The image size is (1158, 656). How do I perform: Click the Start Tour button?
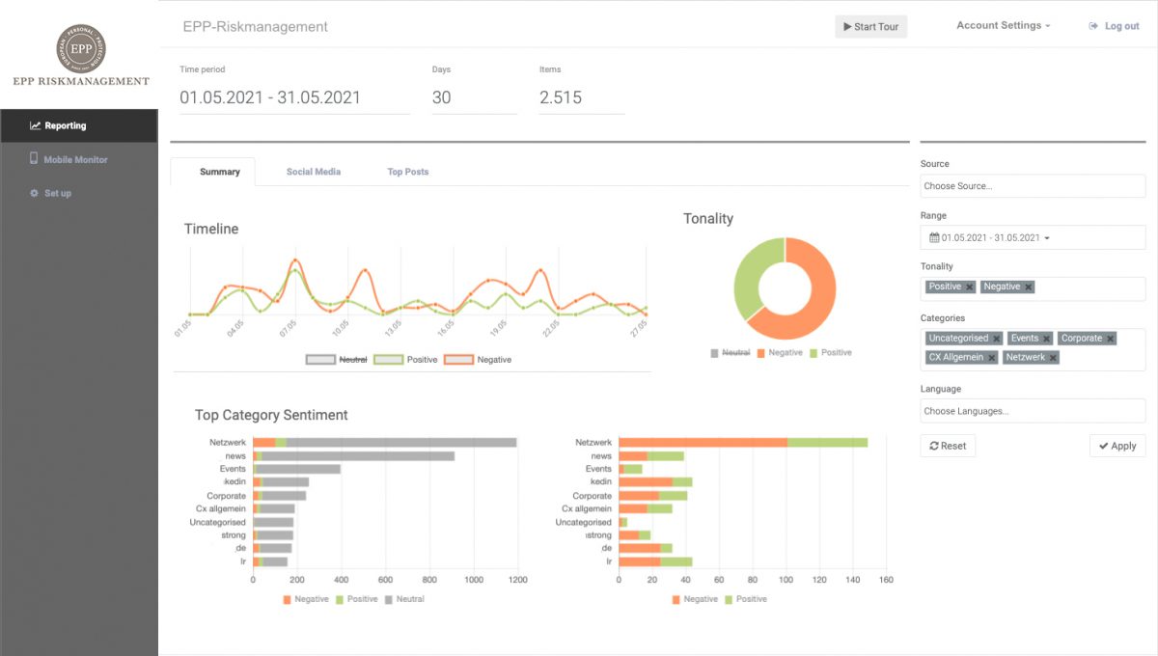(870, 27)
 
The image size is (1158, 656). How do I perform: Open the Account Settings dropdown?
(1003, 26)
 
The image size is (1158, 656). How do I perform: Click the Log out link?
(1114, 27)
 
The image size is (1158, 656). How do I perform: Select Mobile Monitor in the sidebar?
(75, 159)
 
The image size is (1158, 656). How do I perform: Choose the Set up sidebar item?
(57, 193)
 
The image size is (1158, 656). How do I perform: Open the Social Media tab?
(313, 172)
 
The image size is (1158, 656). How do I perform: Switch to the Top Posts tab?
(407, 172)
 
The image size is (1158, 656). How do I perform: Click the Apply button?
(1117, 446)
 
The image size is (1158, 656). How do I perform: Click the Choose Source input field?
(1032, 186)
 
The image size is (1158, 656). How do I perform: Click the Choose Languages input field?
(1032, 411)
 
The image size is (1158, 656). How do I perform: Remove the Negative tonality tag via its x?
(1029, 287)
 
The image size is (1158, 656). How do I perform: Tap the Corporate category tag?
(1080, 339)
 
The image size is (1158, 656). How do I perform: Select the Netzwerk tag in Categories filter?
(1025, 358)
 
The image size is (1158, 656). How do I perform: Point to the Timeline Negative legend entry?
(478, 360)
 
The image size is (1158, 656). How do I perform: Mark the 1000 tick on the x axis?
(473, 581)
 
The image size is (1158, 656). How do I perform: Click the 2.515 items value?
(561, 97)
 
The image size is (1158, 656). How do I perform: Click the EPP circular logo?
(81, 48)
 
